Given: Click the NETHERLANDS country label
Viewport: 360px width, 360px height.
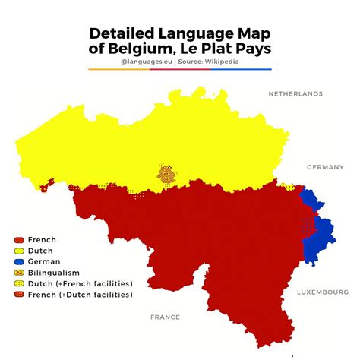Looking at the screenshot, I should click(x=295, y=94).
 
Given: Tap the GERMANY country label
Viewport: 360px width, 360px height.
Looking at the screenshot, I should click(x=326, y=167).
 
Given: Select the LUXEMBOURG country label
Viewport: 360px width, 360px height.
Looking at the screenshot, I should click(x=322, y=292).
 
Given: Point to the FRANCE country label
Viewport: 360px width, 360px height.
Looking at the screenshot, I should click(x=165, y=317).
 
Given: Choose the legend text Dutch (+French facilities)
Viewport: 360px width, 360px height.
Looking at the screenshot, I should click(x=80, y=283).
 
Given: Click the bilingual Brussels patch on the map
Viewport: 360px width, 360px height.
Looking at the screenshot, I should click(x=165, y=174).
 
